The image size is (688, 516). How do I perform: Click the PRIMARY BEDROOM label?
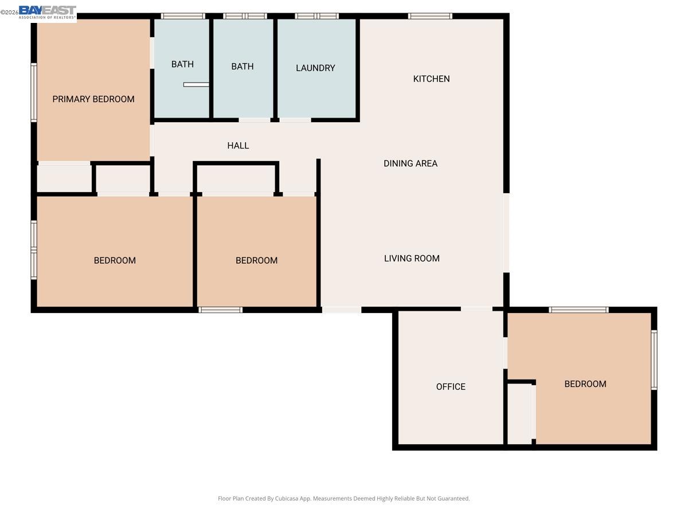point(93,99)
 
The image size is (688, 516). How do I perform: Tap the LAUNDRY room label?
point(315,68)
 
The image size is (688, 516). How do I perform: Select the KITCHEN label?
point(431,79)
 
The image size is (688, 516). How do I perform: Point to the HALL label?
point(238,146)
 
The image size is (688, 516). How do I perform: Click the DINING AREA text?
point(411,163)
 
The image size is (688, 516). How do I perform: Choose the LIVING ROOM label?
point(412,259)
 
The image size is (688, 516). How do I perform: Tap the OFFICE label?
point(451,387)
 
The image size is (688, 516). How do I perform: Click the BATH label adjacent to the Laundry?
point(243,67)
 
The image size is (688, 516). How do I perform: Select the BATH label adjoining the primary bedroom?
point(182,64)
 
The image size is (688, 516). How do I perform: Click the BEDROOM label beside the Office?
point(585,384)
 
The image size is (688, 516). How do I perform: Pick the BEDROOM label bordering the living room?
point(256,260)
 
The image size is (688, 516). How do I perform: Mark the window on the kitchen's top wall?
point(430,16)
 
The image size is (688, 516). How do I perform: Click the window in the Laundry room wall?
point(316,16)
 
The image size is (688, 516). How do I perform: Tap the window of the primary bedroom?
point(34,93)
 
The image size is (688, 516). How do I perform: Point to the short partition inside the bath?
point(196,85)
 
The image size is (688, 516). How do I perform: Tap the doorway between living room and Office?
point(476,310)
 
